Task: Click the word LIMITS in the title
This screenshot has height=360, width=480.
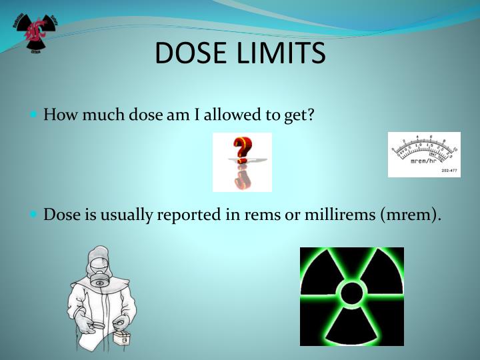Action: coord(283,53)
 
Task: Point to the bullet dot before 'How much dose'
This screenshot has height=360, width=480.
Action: coord(35,114)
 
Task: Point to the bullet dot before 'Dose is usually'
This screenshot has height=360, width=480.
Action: coord(35,215)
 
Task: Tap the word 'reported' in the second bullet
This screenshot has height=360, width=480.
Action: coord(188,215)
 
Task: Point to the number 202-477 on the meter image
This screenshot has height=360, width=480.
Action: coord(449,171)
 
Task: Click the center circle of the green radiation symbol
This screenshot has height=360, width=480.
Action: coord(351,294)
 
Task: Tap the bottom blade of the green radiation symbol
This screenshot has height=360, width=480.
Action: coord(351,326)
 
